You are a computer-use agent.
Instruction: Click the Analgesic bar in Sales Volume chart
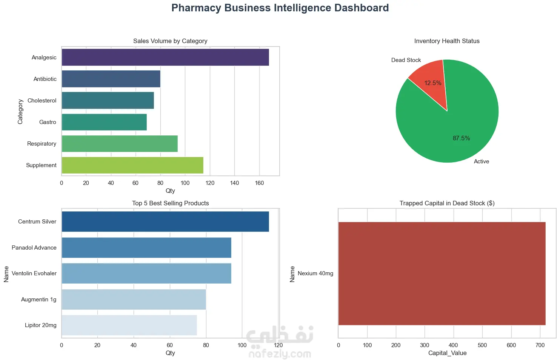pos(165,57)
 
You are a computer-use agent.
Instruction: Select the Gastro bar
pos(104,122)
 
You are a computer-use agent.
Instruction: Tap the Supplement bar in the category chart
pos(132,165)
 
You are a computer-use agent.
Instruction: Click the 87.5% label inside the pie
pos(461,138)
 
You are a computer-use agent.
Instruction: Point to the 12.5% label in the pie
pos(432,83)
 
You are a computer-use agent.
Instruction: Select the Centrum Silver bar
pos(165,222)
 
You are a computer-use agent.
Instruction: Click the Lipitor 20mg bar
pos(129,325)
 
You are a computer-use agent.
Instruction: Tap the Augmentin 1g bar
pos(134,299)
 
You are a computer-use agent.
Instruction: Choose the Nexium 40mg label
pos(315,273)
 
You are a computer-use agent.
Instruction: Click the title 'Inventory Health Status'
pos(447,41)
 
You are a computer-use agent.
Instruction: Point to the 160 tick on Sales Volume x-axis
pos(259,183)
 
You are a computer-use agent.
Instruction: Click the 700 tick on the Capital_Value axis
pos(540,345)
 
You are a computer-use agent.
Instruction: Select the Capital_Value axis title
pos(447,353)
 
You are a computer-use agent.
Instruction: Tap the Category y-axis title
pos(20,112)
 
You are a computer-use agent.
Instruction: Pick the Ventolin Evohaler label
pos(34,273)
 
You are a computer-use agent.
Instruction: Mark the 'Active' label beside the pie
pos(481,161)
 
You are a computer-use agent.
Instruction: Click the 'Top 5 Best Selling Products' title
pos(170,203)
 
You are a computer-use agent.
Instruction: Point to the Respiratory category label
pos(42,144)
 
